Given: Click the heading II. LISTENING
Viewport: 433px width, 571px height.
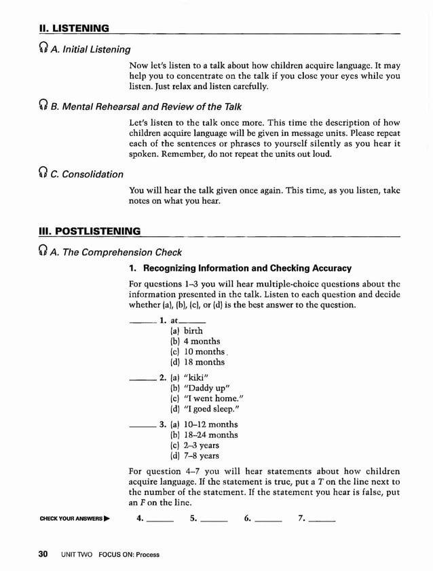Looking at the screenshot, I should click(75, 28).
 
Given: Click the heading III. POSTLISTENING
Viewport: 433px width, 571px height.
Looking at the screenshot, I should click(90, 231).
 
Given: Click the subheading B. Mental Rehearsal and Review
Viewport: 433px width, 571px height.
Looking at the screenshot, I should click(146, 106).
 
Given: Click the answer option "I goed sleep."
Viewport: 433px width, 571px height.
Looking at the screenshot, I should click(204, 409).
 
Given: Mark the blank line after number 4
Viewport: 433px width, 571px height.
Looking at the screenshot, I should click(160, 521).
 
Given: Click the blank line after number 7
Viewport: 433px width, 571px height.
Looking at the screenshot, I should click(322, 521).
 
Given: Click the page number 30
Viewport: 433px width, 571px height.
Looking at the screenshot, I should click(43, 554).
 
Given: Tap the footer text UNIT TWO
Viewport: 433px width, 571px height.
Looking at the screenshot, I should click(76, 555).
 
